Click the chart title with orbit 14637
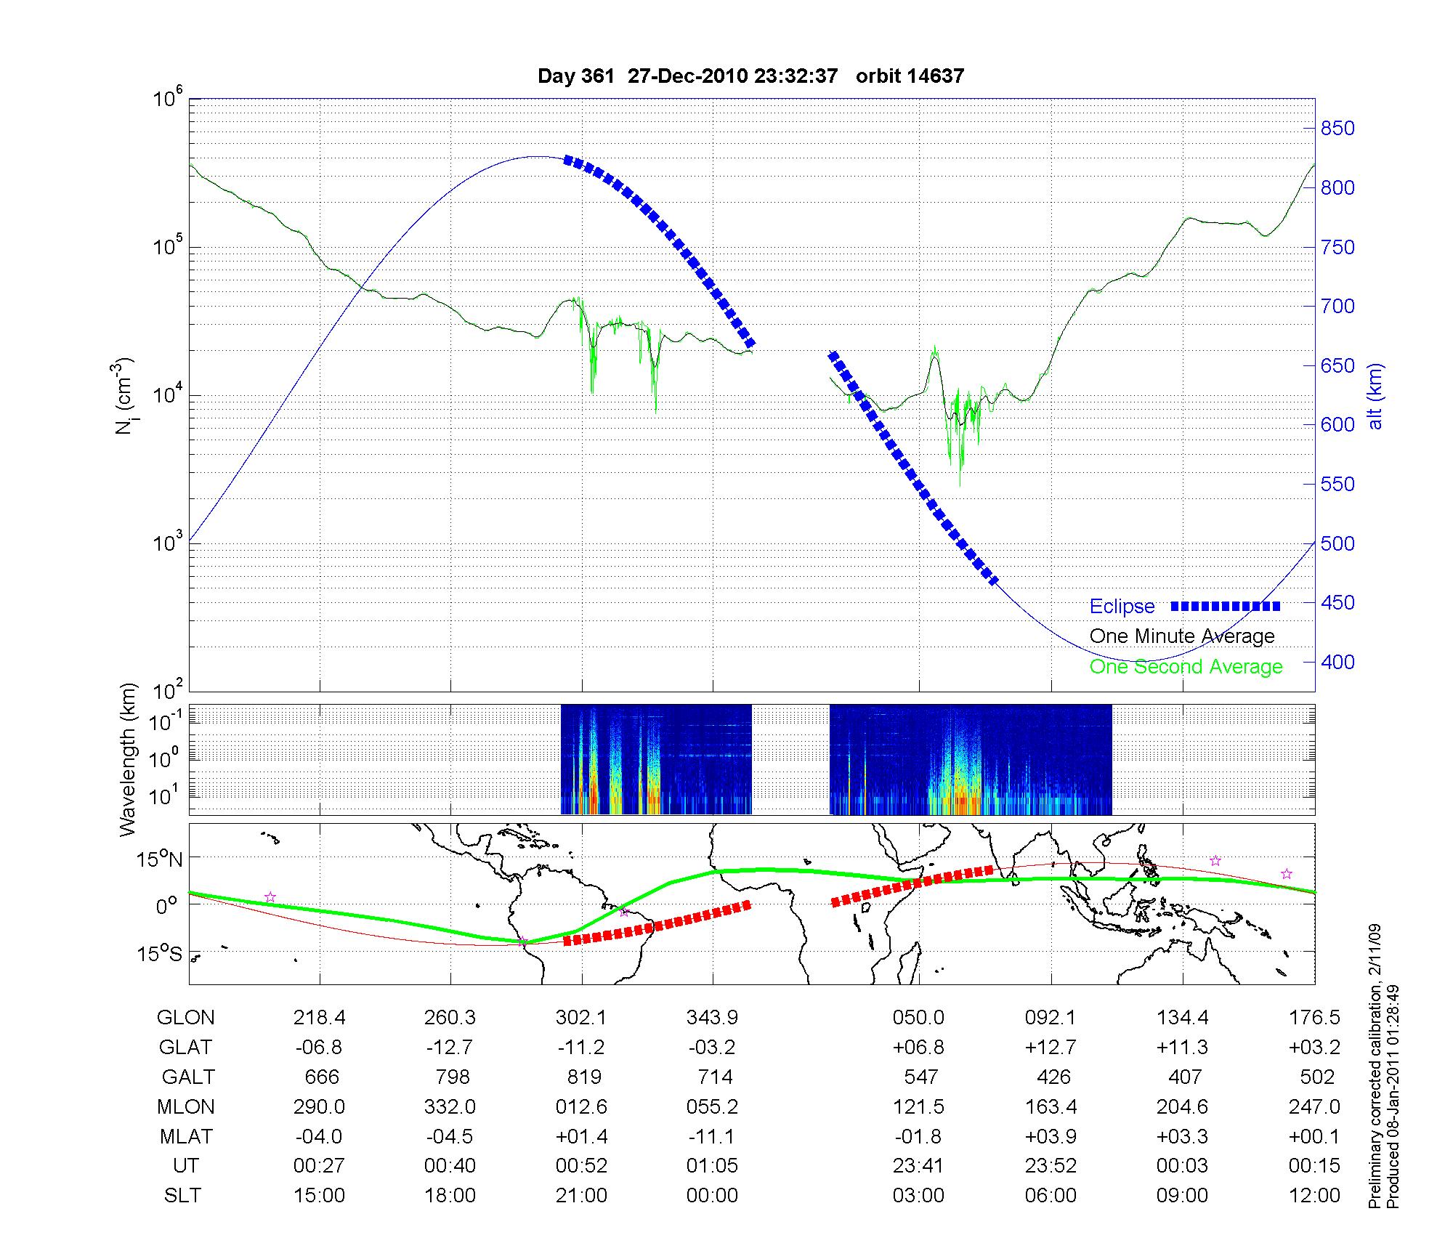[750, 76]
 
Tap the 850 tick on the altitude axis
[1337, 129]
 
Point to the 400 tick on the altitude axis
[1337, 662]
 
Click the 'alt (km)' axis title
[1375, 396]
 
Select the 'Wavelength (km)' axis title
[129, 760]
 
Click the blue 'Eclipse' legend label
[1122, 607]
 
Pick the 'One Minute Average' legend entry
[1182, 636]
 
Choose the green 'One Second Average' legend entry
[1186, 667]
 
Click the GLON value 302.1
[581, 1018]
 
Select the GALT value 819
[583, 1077]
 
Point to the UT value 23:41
[918, 1166]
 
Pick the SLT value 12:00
[1314, 1195]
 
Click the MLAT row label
[186, 1136]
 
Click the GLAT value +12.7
[1051, 1047]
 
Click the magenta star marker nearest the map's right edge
[1286, 874]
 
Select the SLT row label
[182, 1195]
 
